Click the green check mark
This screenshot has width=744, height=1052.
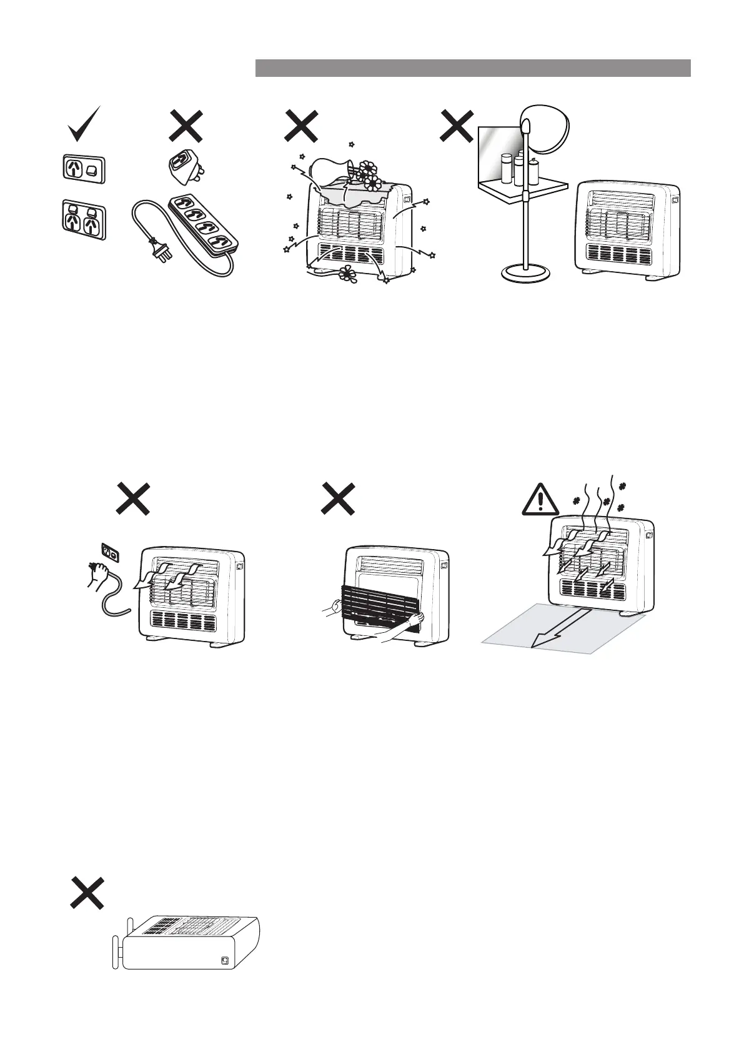point(84,124)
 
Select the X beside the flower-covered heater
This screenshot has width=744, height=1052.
point(302,126)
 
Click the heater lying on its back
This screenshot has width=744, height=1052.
point(187,945)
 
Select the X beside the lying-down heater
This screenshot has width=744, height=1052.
point(87,892)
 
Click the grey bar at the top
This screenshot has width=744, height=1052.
point(473,67)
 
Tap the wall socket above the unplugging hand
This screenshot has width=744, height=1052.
point(110,552)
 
